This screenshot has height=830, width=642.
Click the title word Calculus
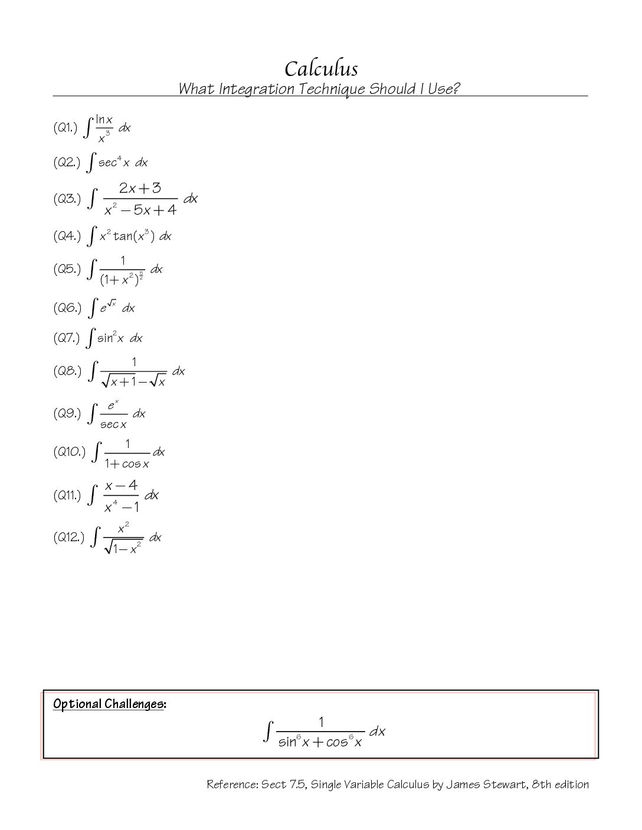(x=321, y=69)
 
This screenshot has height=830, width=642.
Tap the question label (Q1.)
(x=65, y=127)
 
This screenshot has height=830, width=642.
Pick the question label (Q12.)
(x=68, y=537)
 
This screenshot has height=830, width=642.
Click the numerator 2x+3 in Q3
(x=140, y=188)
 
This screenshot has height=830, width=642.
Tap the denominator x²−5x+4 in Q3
(x=140, y=210)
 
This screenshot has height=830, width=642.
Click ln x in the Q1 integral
(x=104, y=120)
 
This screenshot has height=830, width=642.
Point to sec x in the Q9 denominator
(x=113, y=424)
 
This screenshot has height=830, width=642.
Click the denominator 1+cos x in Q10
(x=127, y=464)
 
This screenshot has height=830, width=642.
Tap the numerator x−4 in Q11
(x=121, y=485)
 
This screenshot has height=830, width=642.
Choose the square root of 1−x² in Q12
(x=123, y=549)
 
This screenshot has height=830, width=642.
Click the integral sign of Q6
(x=93, y=308)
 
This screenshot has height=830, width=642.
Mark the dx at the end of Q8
(x=178, y=371)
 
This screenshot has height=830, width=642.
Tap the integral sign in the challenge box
(x=268, y=732)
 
